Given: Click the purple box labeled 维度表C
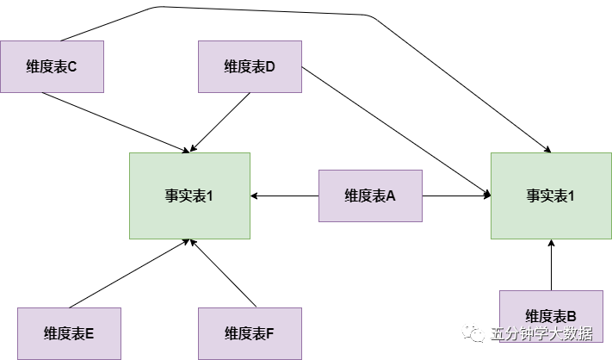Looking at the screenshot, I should pos(52,66).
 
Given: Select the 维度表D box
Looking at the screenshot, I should pos(250,66).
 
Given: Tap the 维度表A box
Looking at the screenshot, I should pos(370,196).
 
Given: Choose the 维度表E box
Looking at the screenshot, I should pos(69,333).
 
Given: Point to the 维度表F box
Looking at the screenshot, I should pos(250,333).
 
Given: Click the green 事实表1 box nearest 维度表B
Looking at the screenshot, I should pos(551,196).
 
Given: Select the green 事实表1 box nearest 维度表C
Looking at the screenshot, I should pos(189,196).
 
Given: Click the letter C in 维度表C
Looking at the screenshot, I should pos(72,66).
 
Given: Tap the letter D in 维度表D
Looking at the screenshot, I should pos(270,66).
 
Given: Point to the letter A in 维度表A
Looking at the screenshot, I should pos(391,196).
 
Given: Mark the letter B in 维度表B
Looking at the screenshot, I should pos(572,316).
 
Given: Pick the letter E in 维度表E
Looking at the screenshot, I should pos(90,333).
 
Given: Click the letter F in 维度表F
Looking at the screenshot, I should pos(270,333).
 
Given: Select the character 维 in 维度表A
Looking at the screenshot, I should pos(351,196).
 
